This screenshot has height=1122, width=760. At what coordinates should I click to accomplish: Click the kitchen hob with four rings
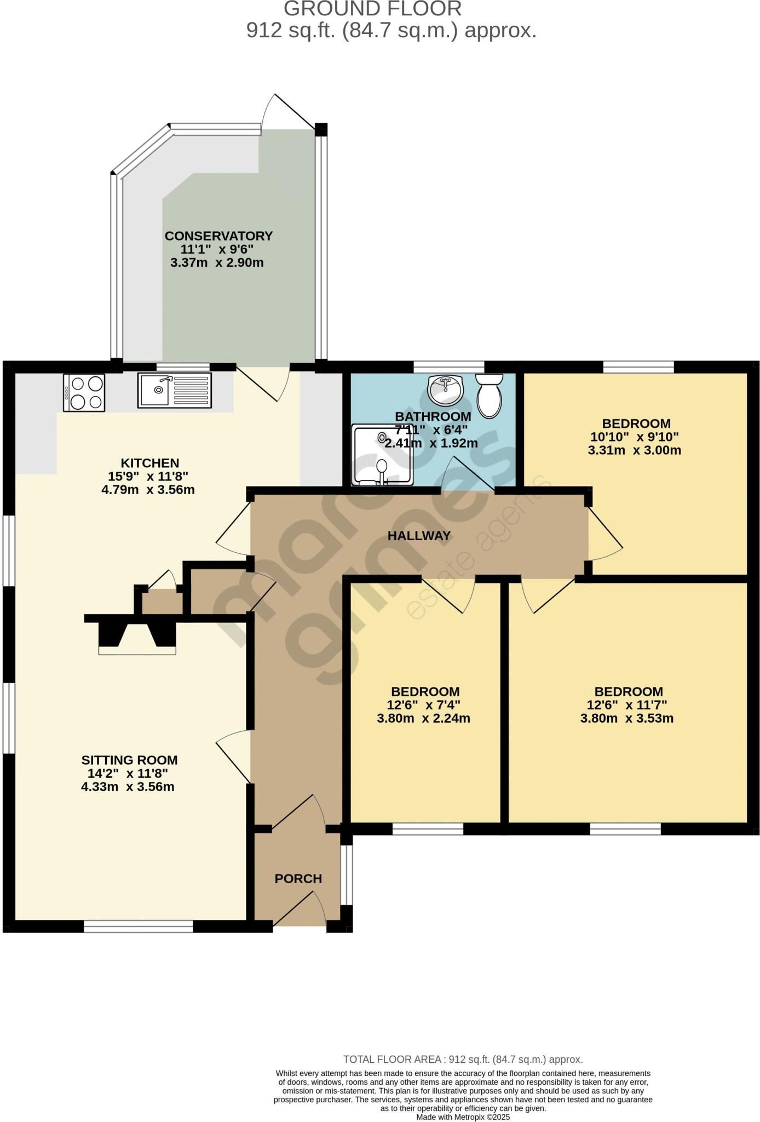coord(84,392)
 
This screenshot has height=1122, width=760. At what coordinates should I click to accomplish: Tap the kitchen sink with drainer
coord(174,390)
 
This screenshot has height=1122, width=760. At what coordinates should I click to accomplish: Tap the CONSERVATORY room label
coord(218,236)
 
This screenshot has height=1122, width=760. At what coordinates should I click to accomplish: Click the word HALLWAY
coord(419,536)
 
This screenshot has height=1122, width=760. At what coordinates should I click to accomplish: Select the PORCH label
coord(298,879)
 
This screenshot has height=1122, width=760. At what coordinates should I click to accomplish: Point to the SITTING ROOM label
coord(129,760)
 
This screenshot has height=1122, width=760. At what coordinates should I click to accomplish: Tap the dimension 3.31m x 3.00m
coord(634,451)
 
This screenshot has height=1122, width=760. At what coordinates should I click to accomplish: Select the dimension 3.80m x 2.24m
coord(423,719)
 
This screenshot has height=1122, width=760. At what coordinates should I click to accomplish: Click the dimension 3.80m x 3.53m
coord(626,719)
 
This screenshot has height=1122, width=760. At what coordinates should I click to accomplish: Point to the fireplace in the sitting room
coord(137,634)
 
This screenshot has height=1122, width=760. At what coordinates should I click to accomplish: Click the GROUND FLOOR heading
coord(372,9)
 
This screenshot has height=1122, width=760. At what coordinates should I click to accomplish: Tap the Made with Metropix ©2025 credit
coord(463,1117)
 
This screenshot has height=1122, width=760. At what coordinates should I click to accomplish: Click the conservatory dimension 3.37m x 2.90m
coord(217,263)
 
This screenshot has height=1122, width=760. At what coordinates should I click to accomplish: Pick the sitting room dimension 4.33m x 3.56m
coord(128,787)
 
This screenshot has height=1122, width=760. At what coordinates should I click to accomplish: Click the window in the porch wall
coord(347,875)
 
